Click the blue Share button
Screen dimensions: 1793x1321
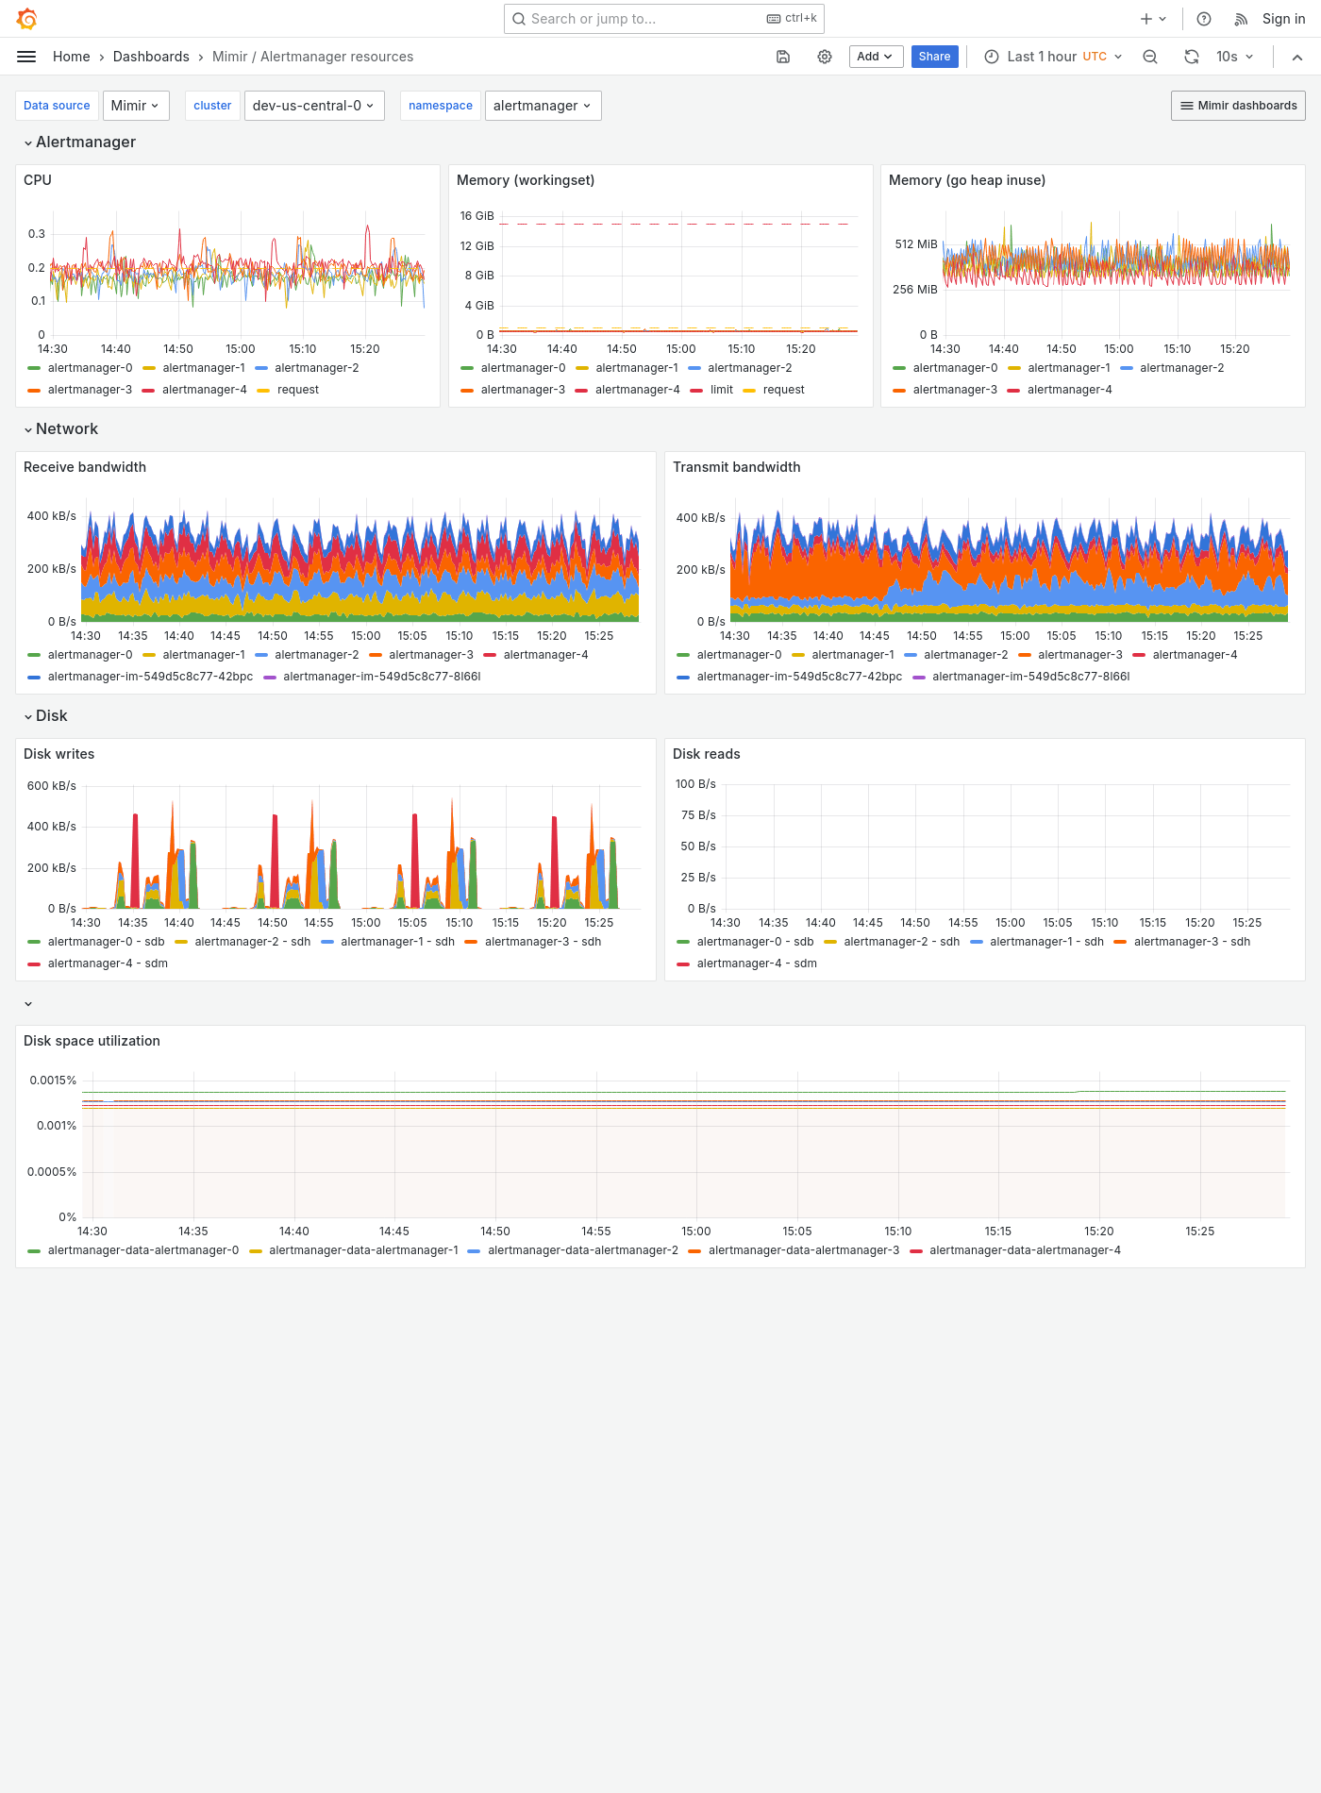[934, 57]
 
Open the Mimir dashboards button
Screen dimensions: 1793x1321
[1238, 106]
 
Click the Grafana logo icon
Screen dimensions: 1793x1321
[26, 19]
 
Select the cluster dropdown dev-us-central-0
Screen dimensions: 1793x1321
[312, 106]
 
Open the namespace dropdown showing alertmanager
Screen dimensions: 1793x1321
[542, 106]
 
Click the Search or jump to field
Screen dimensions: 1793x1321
[642, 19]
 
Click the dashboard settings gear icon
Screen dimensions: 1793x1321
[825, 57]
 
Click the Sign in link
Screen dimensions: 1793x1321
[1283, 19]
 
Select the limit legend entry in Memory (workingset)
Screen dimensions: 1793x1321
[721, 390]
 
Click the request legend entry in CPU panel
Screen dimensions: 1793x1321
[297, 390]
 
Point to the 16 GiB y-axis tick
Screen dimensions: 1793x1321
[477, 216]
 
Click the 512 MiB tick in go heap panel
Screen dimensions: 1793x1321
[915, 244]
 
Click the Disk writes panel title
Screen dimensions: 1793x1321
[59, 754]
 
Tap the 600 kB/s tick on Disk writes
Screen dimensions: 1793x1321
[52, 786]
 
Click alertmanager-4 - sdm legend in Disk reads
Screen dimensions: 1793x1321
[756, 964]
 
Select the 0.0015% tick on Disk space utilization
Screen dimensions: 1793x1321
[53, 1081]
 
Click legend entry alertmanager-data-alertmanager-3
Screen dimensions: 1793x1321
[803, 1250]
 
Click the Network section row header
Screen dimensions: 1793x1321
[66, 429]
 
